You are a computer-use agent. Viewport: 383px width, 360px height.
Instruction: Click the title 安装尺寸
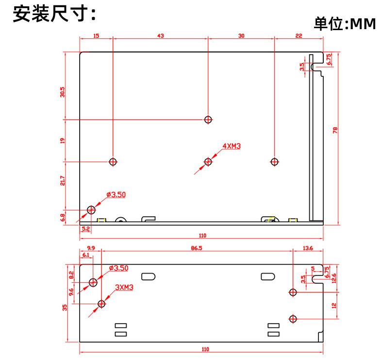click(x=53, y=15)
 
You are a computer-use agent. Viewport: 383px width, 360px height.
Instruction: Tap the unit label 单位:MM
click(x=345, y=24)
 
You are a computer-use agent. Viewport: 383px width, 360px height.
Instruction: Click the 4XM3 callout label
click(x=232, y=146)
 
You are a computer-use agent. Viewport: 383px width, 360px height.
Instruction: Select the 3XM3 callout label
click(x=124, y=287)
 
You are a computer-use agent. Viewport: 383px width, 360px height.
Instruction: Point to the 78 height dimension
click(x=335, y=130)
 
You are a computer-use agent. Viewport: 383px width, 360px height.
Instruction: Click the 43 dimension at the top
click(x=160, y=36)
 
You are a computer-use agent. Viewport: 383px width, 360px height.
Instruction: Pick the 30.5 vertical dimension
click(x=62, y=92)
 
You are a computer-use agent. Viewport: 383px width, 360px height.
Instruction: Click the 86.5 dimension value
click(x=197, y=248)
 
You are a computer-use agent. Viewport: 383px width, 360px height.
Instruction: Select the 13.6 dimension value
click(x=308, y=248)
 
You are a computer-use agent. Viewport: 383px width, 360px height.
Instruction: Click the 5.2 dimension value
click(x=85, y=228)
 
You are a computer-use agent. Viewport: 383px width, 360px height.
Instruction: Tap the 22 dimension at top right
click(x=298, y=36)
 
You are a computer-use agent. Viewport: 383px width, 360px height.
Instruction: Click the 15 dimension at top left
click(x=96, y=36)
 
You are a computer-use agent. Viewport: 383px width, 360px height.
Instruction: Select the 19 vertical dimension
click(x=62, y=140)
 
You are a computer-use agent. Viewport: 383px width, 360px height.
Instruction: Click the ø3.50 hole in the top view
click(x=91, y=210)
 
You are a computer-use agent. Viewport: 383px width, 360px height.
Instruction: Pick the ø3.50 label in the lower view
click(x=118, y=268)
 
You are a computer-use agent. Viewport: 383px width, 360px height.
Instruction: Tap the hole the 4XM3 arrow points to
click(x=208, y=161)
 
